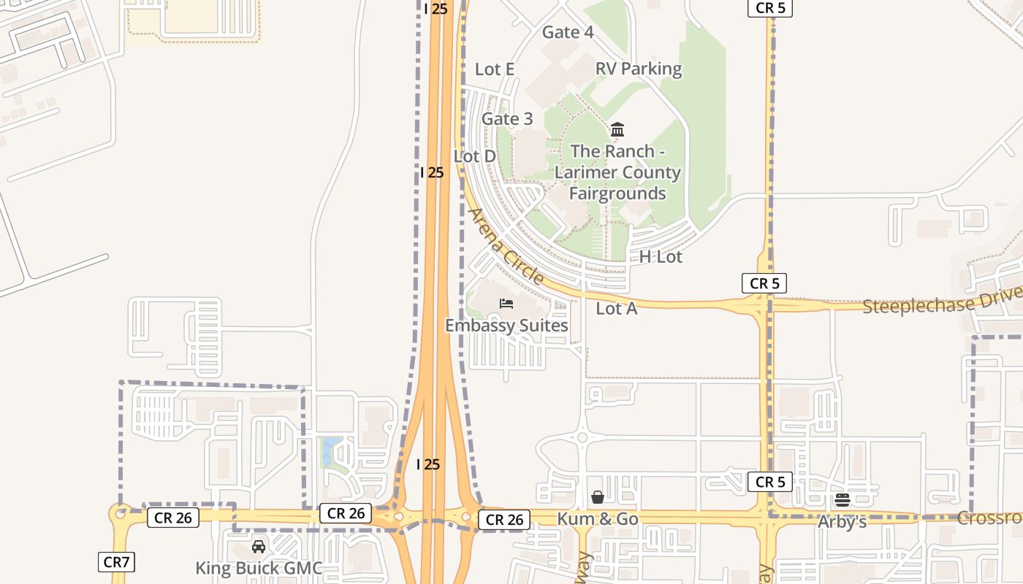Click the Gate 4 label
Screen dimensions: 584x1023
coord(567,32)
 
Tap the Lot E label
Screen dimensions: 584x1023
coord(495,69)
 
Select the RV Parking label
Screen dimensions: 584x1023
coord(639,69)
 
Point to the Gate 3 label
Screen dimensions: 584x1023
coord(507,119)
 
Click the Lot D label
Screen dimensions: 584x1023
coord(475,156)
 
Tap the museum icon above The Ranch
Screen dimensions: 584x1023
coord(617,130)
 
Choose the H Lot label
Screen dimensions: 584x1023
coord(661,257)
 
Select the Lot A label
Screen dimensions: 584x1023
coord(617,309)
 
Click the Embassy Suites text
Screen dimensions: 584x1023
coord(506,326)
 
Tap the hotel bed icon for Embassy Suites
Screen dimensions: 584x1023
coord(506,304)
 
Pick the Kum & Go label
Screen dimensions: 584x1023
coord(598,519)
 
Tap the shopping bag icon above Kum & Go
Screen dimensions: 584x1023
coord(598,497)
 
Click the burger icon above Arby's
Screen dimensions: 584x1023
coord(843,500)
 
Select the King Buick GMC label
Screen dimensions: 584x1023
coord(259,568)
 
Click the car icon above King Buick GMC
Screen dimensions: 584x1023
coord(259,546)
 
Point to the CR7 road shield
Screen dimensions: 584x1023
coord(116,562)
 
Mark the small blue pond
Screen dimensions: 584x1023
coord(330,450)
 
